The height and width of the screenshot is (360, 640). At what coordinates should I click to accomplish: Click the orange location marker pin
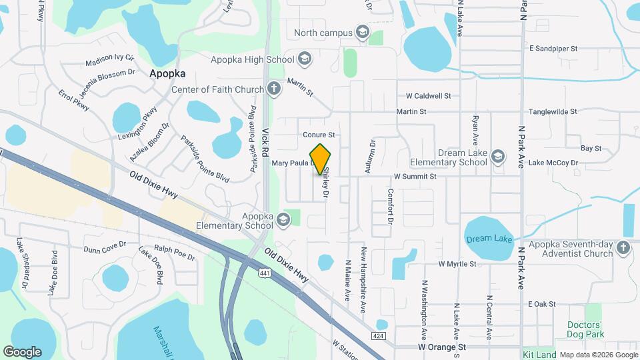click(321, 159)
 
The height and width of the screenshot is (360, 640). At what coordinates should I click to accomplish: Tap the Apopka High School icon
click(305, 59)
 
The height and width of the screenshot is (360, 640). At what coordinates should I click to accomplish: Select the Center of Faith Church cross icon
click(273, 89)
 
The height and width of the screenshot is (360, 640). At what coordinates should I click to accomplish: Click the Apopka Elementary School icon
click(283, 219)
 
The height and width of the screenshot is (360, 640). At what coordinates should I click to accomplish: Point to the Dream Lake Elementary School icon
click(497, 157)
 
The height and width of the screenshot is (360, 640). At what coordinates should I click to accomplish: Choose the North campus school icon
click(362, 32)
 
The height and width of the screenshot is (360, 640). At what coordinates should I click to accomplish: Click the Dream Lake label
click(489, 239)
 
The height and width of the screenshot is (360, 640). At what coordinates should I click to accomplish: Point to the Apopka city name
click(167, 74)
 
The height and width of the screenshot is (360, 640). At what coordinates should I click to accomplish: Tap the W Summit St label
click(415, 177)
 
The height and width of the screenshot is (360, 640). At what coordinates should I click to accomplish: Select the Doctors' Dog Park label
click(593, 328)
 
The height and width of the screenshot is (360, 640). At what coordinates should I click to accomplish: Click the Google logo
click(22, 351)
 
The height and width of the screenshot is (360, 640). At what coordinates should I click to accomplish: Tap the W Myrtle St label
click(457, 264)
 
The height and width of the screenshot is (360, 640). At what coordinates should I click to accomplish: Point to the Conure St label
click(318, 135)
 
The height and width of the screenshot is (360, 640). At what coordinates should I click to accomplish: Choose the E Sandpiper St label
click(553, 49)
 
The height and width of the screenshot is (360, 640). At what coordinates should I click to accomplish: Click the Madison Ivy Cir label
click(109, 61)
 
